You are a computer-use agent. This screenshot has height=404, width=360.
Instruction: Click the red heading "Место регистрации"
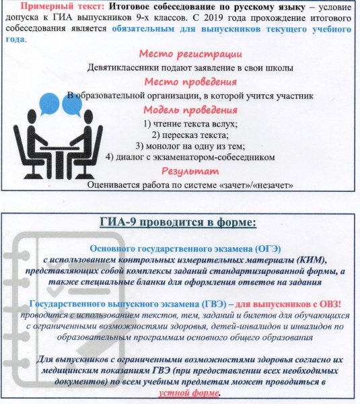tap(189, 54)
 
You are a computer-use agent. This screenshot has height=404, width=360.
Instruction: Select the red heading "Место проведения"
tap(189, 81)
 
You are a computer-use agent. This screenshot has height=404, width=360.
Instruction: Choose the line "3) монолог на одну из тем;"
tap(191, 145)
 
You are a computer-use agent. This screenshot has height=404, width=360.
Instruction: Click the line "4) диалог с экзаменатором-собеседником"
tap(191, 157)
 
